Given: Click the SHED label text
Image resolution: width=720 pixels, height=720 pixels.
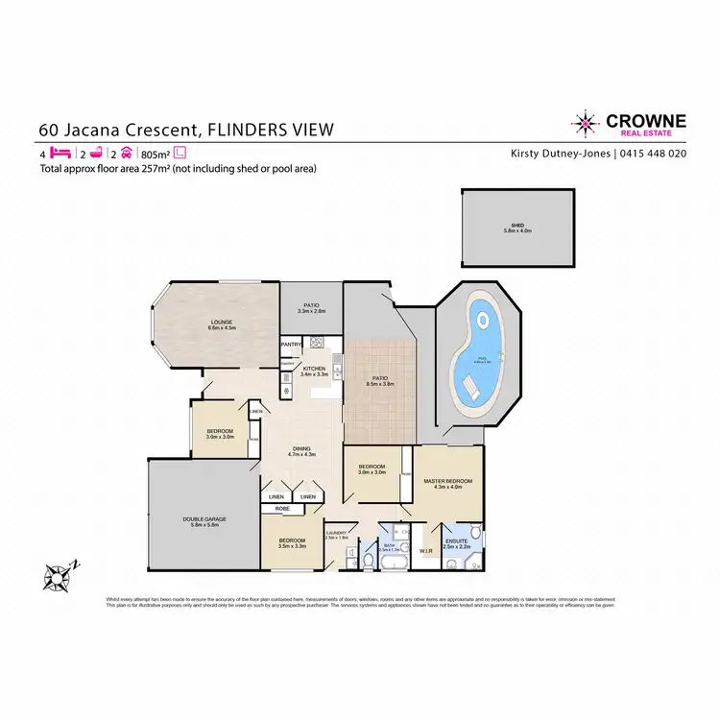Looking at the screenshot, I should [516, 227].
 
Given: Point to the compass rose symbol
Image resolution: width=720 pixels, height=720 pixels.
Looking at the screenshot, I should [58, 575].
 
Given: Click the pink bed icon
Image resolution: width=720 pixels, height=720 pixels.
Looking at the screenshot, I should [60, 153].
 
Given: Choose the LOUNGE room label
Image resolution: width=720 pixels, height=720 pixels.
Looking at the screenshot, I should [223, 323].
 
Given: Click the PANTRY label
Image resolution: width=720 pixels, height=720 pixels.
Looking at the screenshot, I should [292, 344].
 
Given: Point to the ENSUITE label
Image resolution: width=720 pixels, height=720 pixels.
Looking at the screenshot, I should [456, 541].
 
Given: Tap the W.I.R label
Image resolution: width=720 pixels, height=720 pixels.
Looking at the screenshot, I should [428, 551].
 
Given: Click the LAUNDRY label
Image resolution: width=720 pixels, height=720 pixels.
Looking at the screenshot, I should [336, 533].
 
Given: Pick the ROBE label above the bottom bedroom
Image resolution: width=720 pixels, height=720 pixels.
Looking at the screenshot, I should [283, 508].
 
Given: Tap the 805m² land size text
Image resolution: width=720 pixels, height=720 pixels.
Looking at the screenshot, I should [155, 153].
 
